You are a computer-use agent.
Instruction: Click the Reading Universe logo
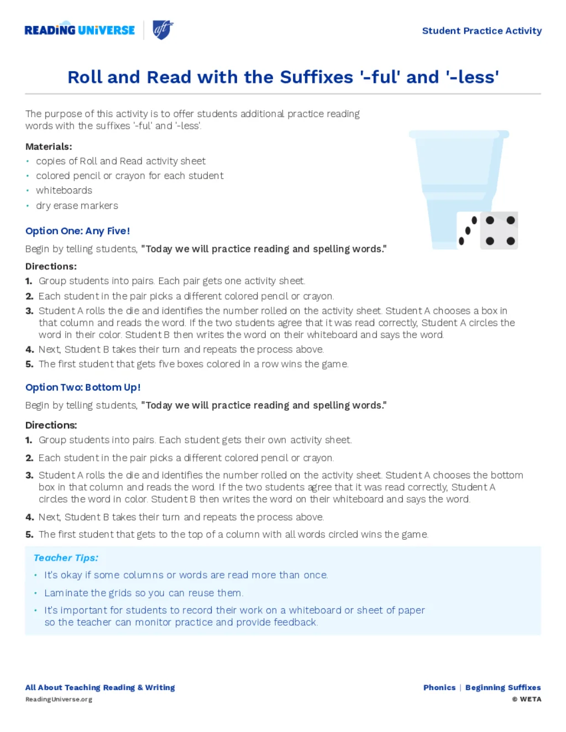[x=80, y=30]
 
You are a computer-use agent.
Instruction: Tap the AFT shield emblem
[x=163, y=30]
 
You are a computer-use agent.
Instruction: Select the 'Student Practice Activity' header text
[x=481, y=31]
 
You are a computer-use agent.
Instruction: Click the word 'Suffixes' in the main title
[x=316, y=77]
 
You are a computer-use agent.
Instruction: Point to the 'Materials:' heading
[x=49, y=146]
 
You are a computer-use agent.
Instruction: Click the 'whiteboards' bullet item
[x=64, y=191]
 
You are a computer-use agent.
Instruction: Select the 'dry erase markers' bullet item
[x=77, y=206]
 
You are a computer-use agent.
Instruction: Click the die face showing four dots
[x=500, y=230]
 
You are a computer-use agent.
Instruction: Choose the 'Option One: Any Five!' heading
[x=77, y=231]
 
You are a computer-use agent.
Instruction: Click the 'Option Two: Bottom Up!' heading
[x=83, y=387]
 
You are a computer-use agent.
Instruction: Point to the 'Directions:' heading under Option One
[x=51, y=266]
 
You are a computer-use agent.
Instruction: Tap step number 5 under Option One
[x=29, y=364]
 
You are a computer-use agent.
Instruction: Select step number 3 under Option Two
[x=29, y=475]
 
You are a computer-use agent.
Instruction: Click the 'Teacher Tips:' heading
[x=66, y=558]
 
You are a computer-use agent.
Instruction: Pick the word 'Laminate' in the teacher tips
[x=66, y=593]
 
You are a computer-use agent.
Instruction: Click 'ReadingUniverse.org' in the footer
[x=59, y=699]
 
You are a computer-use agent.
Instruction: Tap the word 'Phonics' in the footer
[x=439, y=688]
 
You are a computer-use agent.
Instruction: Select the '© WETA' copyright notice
[x=526, y=699]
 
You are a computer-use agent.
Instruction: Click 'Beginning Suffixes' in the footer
[x=503, y=688]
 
